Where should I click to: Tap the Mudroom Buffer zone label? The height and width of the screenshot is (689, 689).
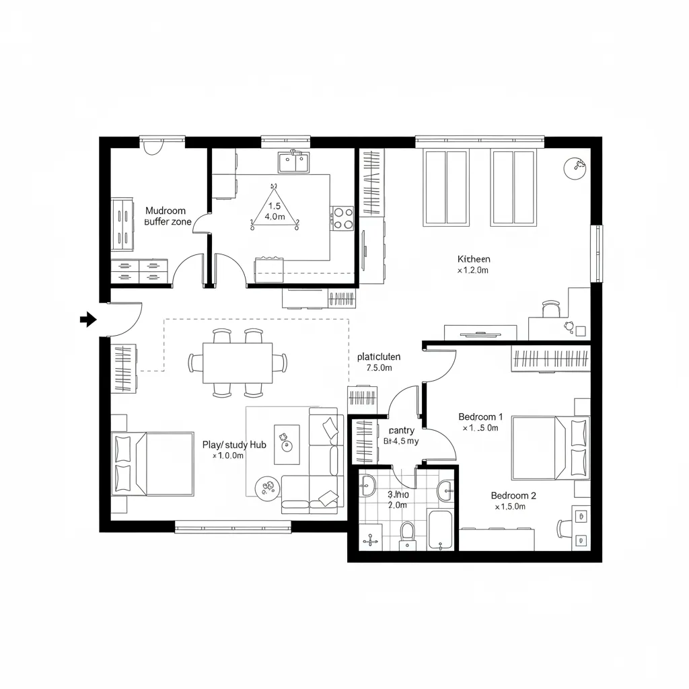[x=168, y=216]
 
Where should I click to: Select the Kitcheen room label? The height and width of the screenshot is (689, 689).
[x=474, y=259]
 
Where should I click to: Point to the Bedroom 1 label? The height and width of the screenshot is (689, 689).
[x=480, y=416]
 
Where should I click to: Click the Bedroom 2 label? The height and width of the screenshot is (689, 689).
[x=513, y=496]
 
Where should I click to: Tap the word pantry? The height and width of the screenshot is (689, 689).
[x=401, y=431]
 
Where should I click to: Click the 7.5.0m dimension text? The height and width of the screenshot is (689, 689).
[x=379, y=368]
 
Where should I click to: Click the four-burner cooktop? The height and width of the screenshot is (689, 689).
[x=342, y=218]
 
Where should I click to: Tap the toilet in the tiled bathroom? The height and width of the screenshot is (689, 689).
[x=407, y=534]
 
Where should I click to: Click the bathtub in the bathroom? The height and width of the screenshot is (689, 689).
[x=440, y=530]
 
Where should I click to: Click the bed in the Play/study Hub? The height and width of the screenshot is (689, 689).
[x=153, y=463]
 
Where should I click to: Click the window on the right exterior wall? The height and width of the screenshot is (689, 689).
[x=596, y=254]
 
